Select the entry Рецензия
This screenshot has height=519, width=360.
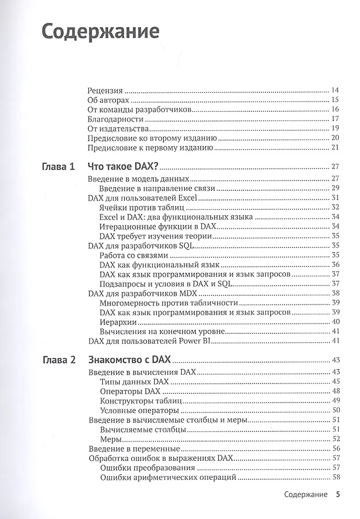(x=105, y=90)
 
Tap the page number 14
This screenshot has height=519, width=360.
(x=335, y=90)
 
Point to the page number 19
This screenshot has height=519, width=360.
(x=335, y=128)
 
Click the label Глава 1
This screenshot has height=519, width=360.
(x=59, y=167)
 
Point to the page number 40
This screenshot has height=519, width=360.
(x=335, y=322)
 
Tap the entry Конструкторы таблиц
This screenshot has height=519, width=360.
(x=141, y=401)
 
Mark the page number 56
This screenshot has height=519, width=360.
(x=335, y=449)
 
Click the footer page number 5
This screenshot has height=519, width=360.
(x=339, y=494)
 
